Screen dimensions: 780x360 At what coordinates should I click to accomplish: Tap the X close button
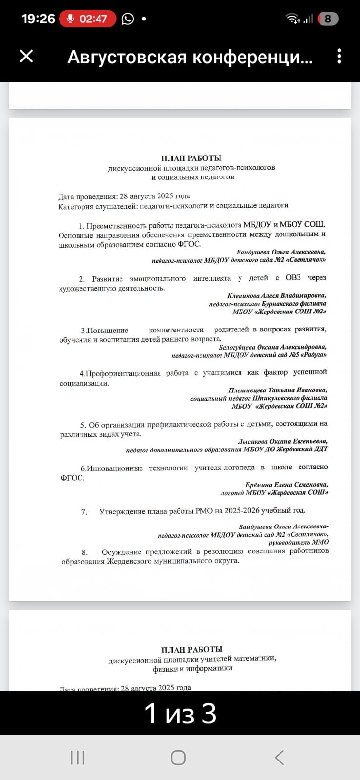click(26, 56)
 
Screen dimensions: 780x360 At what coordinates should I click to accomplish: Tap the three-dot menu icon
click(339, 56)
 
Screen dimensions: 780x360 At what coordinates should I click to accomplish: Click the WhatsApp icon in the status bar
click(128, 19)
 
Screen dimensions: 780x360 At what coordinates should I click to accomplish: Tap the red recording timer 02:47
click(88, 19)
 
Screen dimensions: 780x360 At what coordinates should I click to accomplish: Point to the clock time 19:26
click(38, 19)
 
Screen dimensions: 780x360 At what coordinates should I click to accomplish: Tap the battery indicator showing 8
click(328, 19)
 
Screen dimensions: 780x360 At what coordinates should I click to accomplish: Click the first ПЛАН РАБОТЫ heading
click(191, 158)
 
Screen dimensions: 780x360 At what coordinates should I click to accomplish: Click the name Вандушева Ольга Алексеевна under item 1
click(280, 252)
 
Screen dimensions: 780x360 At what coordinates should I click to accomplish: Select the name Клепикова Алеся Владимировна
click(277, 295)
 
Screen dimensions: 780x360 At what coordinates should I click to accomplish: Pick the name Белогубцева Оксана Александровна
click(272, 347)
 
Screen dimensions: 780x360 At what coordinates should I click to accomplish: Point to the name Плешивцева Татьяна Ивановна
click(278, 390)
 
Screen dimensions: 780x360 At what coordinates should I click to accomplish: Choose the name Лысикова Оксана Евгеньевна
click(282, 441)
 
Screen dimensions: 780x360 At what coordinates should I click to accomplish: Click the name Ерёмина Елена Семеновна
click(286, 485)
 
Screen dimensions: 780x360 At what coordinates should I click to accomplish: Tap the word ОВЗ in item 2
click(293, 278)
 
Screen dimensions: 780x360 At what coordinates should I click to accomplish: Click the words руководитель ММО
click(298, 542)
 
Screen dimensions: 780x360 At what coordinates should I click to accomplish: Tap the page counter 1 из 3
click(180, 714)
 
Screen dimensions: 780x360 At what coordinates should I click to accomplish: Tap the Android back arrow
click(279, 758)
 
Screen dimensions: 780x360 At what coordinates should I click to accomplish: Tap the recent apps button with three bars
click(78, 758)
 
